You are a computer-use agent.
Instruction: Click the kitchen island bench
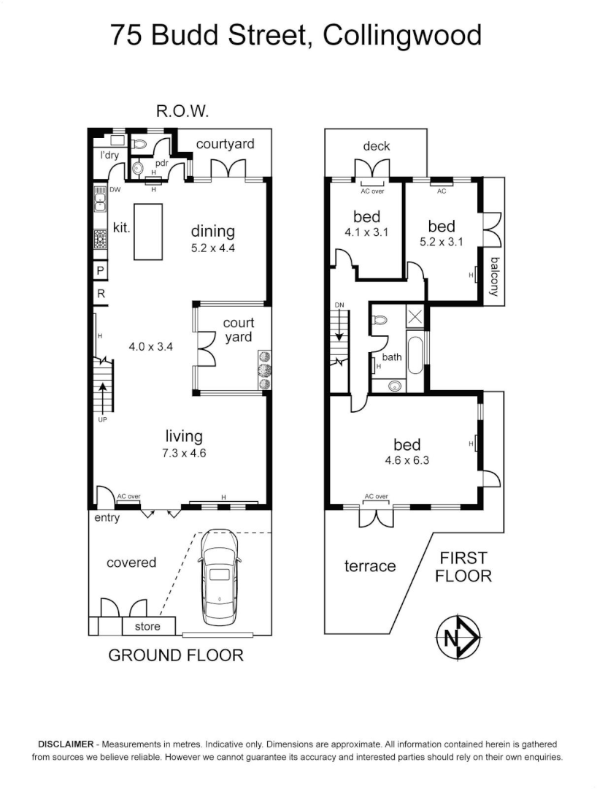[x=147, y=231]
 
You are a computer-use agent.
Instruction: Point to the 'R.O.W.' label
[x=183, y=112]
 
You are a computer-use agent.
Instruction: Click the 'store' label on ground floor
[x=147, y=626]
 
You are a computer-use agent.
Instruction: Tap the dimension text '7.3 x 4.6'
[x=185, y=453]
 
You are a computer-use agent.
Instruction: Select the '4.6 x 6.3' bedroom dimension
[x=407, y=461]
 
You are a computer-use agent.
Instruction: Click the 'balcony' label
[x=495, y=277]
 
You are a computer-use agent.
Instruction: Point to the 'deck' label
[x=377, y=146]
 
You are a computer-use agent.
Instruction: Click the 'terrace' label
[x=370, y=565]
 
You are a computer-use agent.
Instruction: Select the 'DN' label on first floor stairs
[x=339, y=305]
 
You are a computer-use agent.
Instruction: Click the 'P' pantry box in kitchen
[x=100, y=271]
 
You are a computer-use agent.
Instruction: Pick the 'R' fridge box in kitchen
[x=100, y=294]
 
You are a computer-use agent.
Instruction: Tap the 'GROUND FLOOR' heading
[x=176, y=655]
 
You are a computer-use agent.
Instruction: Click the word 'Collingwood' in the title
[x=402, y=35]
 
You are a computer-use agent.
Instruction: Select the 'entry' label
[x=107, y=518]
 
